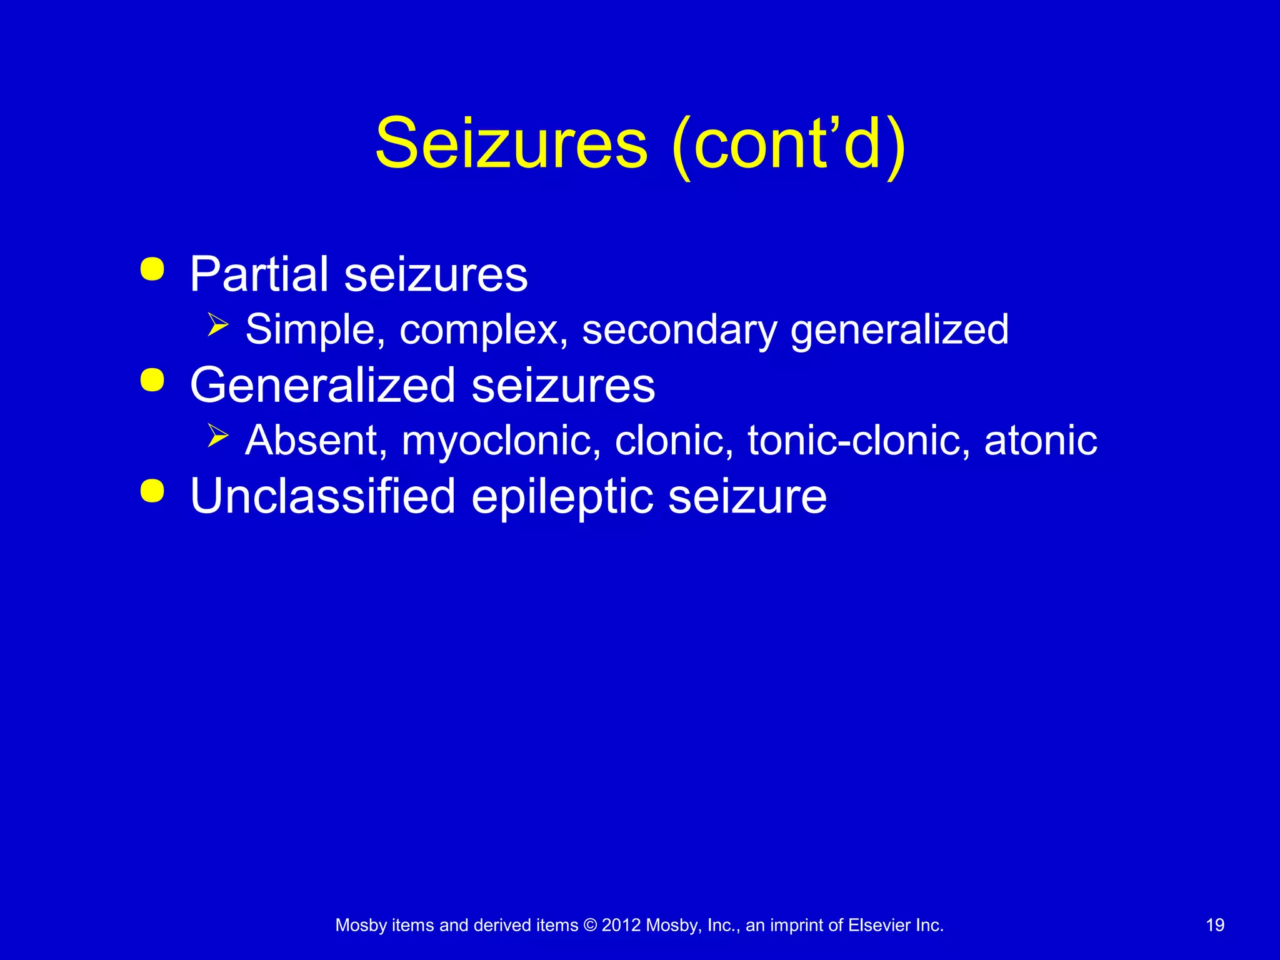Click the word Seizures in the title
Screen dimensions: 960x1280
pyautogui.click(x=511, y=144)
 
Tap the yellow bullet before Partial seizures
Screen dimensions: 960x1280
pyautogui.click(x=152, y=269)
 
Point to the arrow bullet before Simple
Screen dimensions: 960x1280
pyautogui.click(x=217, y=325)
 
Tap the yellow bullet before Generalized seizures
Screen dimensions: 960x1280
pyautogui.click(x=152, y=380)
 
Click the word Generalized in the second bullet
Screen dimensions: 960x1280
pyautogui.click(x=322, y=385)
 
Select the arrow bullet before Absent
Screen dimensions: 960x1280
pyautogui.click(x=217, y=436)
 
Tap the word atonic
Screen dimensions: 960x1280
pyautogui.click(x=1041, y=440)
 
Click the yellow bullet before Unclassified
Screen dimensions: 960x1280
pyautogui.click(x=152, y=491)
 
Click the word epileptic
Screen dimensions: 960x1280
pyautogui.click(x=561, y=497)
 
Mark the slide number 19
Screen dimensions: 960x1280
pyautogui.click(x=1215, y=925)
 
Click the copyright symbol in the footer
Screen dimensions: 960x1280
pyautogui.click(x=590, y=925)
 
